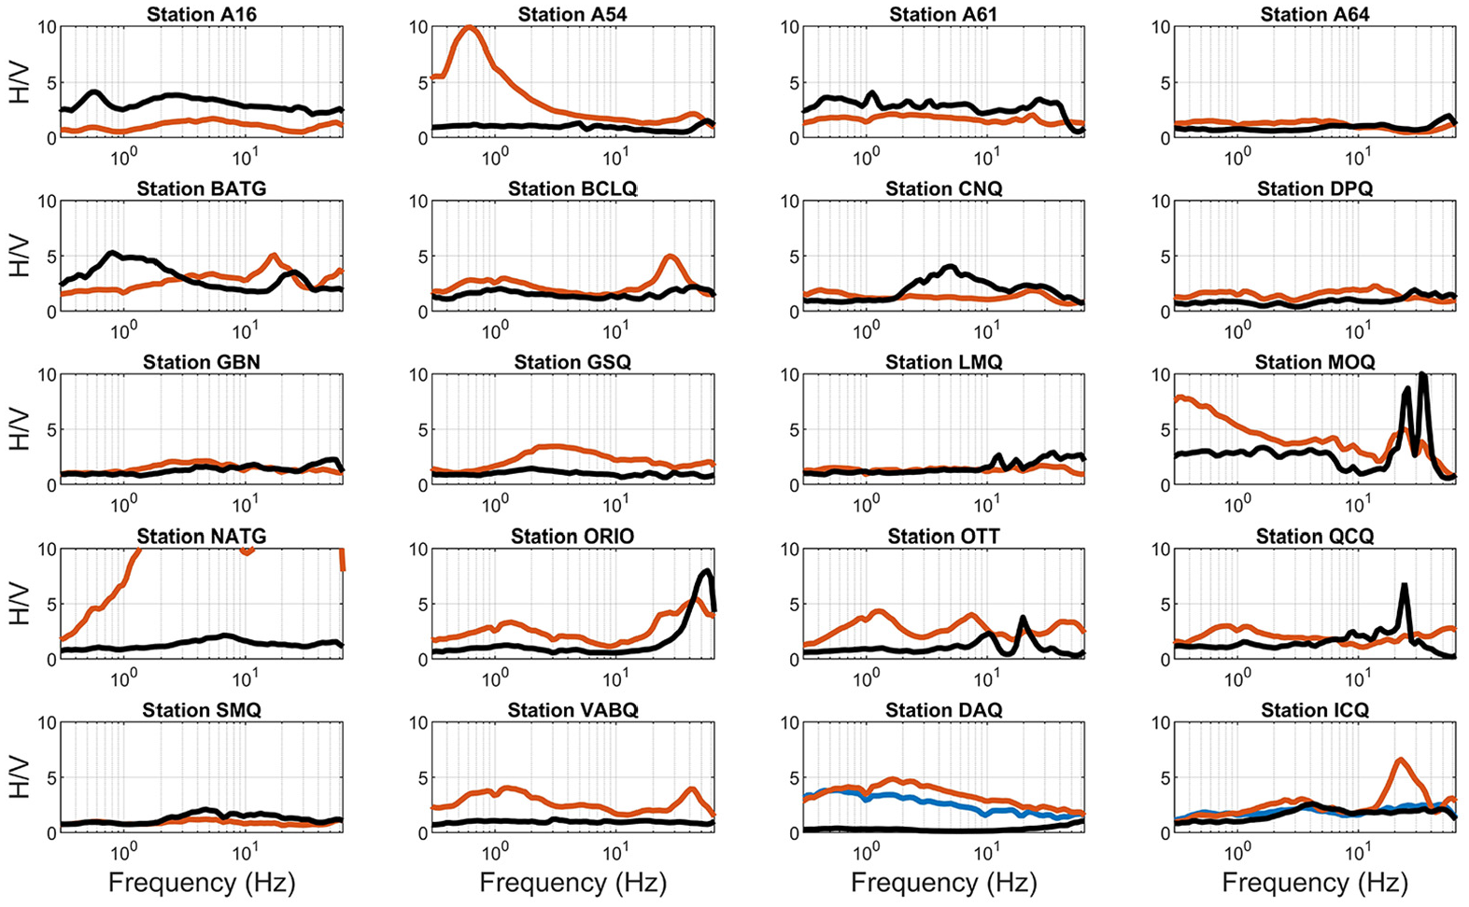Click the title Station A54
pos(572,14)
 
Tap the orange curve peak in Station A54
pos(469,27)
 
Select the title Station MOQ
pos(1315,362)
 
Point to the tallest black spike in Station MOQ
pos(1422,375)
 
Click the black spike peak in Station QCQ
pos(1404,585)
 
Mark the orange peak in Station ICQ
pos(1400,760)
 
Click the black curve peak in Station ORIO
pos(706,572)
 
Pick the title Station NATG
pos(202,537)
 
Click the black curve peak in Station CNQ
pos(950,268)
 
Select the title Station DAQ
pos(944,710)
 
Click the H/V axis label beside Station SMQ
pos(21,778)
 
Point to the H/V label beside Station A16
pos(21,82)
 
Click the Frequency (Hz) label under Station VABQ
pos(572,883)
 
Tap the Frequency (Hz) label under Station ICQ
pos(1315,883)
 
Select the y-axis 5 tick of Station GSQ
pos(423,430)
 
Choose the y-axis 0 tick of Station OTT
pos(794,660)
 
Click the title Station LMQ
pos(944,362)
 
